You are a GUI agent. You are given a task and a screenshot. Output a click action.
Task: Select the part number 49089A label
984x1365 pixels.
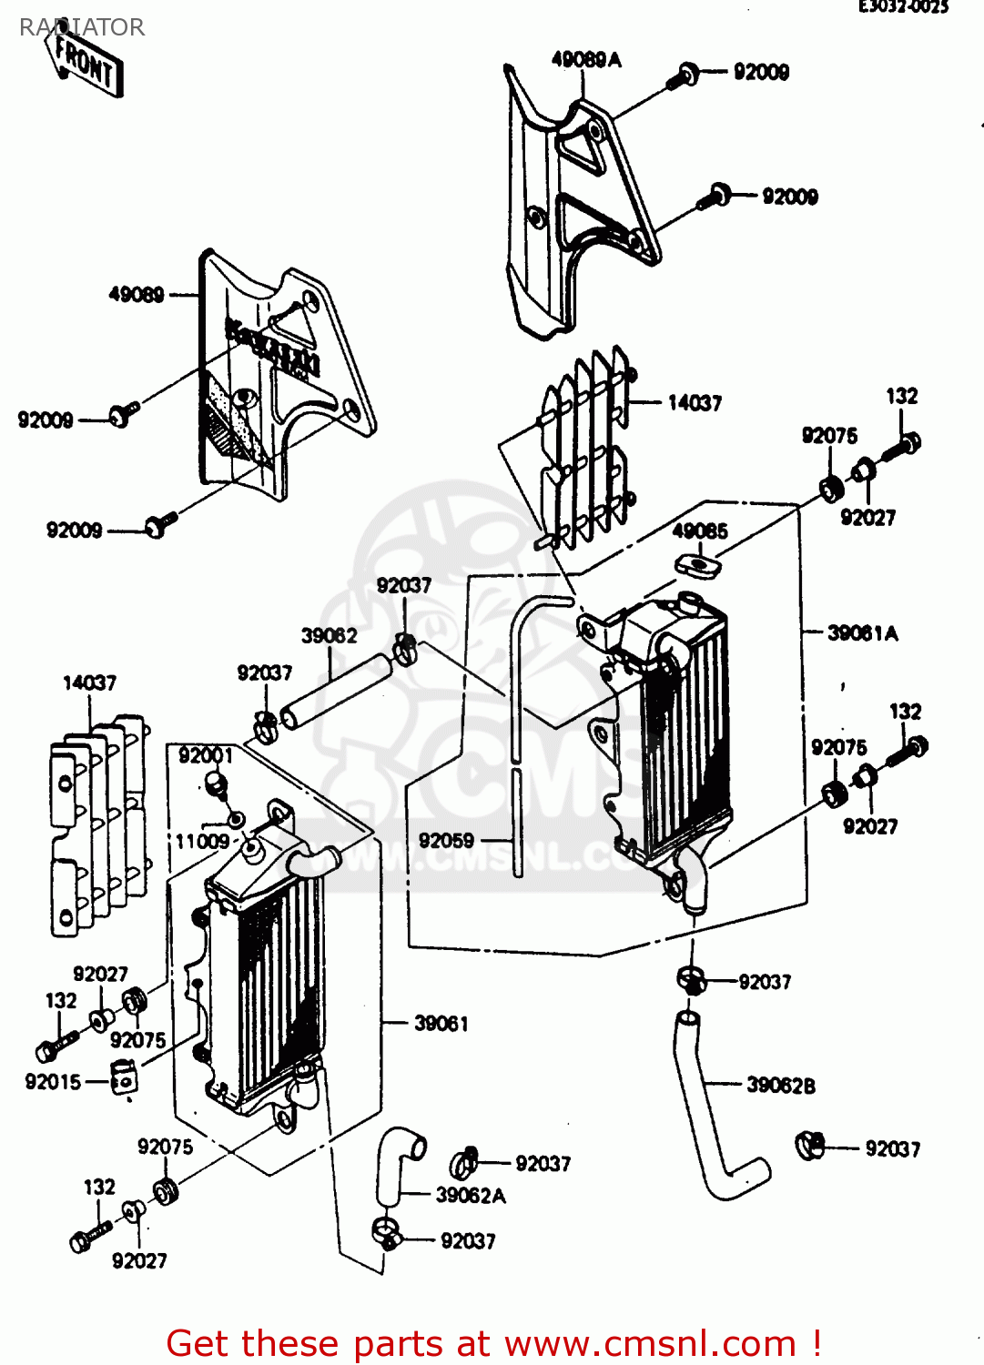[x=586, y=60]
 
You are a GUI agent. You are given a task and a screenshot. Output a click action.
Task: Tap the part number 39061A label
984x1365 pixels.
[x=862, y=633]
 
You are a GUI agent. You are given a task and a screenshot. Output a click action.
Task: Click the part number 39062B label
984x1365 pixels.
[x=780, y=1085]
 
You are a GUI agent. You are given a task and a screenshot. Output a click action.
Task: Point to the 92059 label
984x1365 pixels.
[x=446, y=841]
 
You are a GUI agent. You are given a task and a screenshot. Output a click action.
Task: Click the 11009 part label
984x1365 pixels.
[x=202, y=841]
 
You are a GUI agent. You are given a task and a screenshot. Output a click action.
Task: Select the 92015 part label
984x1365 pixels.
[x=53, y=1082]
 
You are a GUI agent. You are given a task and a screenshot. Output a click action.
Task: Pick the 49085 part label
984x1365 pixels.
[x=699, y=531]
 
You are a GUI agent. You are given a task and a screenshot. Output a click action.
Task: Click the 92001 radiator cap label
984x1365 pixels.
[x=206, y=755]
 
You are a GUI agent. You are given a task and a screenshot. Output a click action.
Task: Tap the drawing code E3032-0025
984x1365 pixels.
[x=903, y=7]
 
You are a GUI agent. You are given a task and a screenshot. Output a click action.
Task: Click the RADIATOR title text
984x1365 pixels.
[x=82, y=27]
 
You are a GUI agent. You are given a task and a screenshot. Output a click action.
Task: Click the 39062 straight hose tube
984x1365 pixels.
[x=335, y=690]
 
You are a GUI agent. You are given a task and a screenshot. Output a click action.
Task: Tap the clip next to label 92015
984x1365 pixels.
[x=123, y=1079]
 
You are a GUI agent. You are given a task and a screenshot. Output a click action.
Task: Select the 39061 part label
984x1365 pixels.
[x=441, y=1024]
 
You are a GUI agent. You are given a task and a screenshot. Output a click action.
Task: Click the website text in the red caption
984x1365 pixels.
[x=650, y=1343]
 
